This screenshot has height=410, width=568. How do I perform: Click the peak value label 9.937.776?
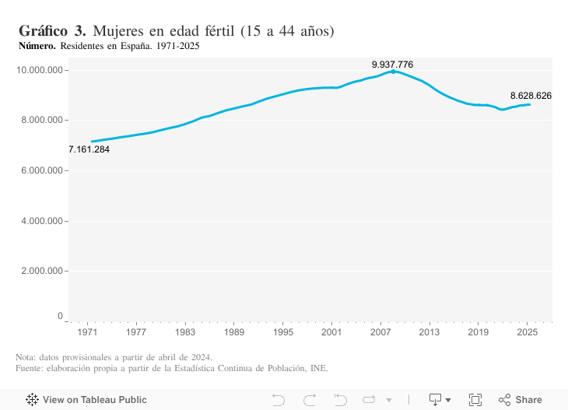click(392, 64)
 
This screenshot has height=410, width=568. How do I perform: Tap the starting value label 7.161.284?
click(89, 149)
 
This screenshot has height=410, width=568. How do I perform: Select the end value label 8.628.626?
click(531, 96)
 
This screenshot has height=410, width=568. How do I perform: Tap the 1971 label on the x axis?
click(88, 332)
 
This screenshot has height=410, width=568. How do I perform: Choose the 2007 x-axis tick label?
click(380, 332)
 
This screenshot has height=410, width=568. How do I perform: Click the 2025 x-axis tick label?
click(527, 332)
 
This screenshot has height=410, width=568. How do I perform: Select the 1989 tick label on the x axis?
click(234, 332)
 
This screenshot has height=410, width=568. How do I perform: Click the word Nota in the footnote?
click(26, 357)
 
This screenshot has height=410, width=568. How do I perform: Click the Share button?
click(521, 400)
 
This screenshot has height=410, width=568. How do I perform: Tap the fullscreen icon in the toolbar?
click(475, 400)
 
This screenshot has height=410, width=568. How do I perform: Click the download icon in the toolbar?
click(436, 400)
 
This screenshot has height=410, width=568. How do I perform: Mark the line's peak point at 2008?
click(393, 72)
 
